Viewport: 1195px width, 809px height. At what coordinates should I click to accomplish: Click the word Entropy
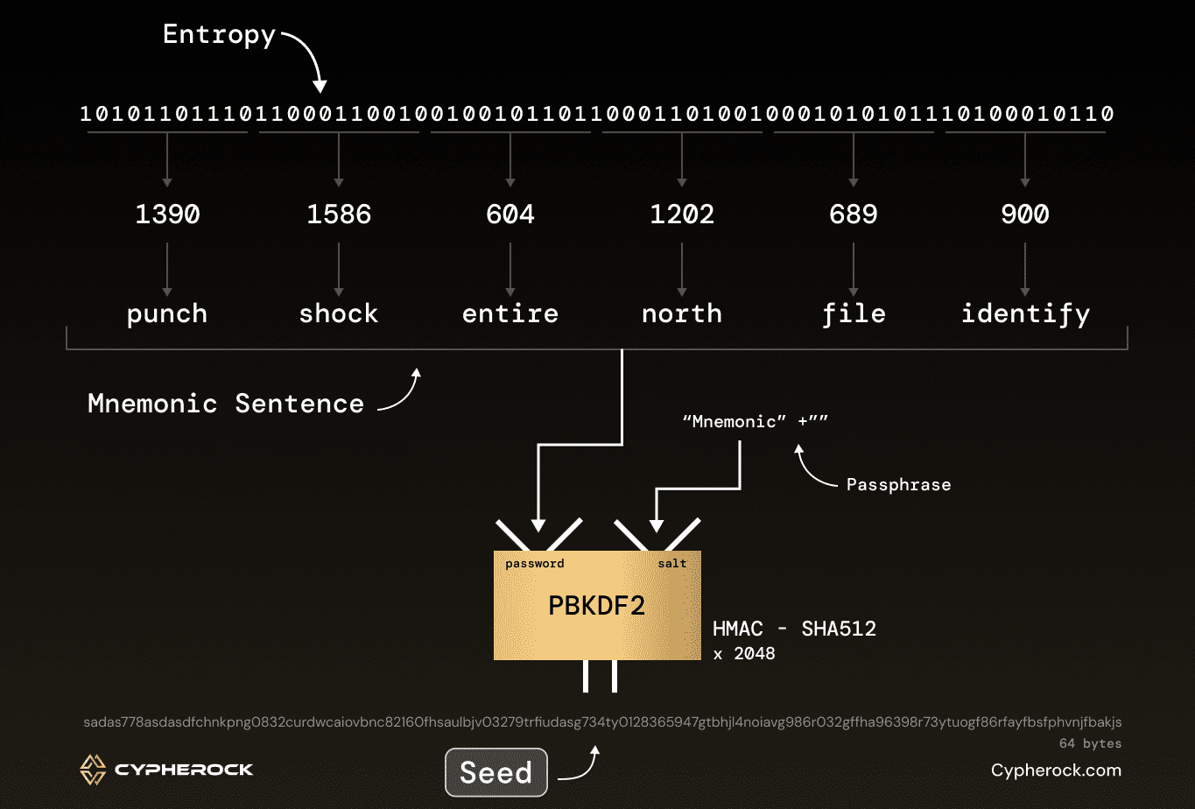219,35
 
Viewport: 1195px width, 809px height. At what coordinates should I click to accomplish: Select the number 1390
167,215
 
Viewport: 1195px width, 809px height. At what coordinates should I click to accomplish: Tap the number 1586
339,215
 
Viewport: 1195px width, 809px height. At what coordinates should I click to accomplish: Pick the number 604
510,215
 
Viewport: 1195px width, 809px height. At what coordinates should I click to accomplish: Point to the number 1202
682,215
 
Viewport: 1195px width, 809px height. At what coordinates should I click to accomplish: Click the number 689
854,215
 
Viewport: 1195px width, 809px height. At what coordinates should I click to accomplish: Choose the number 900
1025,215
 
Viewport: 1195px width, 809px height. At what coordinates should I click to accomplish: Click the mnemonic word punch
167,314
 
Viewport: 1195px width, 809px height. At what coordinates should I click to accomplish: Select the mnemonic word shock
339,313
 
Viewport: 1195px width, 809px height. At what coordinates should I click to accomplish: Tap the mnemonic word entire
510,313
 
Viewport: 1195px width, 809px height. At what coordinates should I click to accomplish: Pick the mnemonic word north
682,313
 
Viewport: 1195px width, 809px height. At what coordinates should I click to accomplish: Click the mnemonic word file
854,314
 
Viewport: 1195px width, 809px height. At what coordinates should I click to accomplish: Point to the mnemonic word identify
1025,314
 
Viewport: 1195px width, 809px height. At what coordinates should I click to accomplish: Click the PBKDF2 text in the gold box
596,606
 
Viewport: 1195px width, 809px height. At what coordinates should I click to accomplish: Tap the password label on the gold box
535,564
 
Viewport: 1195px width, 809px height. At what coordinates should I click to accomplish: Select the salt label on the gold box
672,564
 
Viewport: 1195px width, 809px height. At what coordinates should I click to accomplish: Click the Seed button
496,772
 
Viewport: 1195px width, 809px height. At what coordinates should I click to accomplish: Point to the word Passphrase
898,485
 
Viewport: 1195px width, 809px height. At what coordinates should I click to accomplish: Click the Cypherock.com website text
1056,770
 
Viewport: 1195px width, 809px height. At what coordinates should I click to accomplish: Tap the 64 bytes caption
1090,743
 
